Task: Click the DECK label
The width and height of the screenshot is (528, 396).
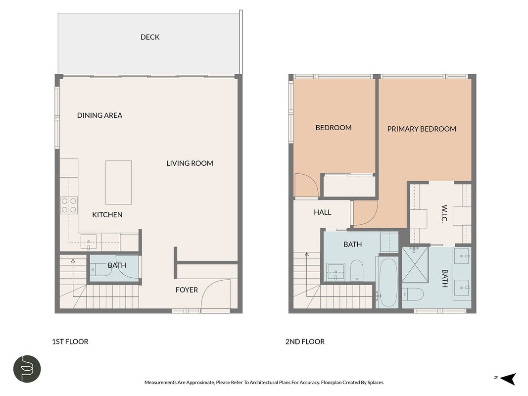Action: click(x=150, y=37)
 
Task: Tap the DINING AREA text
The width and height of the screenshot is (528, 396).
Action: click(x=99, y=115)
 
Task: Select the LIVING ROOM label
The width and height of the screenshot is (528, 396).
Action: click(x=190, y=163)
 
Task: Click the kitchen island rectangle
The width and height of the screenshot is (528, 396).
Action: click(x=119, y=183)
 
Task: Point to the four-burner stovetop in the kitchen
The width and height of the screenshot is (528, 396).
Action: click(x=69, y=205)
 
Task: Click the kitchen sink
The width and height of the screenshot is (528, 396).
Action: click(x=89, y=242)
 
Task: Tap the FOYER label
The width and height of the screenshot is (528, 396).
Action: click(x=187, y=290)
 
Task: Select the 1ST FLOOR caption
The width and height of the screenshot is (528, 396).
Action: click(x=70, y=342)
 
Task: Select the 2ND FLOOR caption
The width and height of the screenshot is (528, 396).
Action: click(x=305, y=342)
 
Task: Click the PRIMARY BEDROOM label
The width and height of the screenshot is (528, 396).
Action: click(x=422, y=129)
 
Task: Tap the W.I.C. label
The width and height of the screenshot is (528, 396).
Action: click(x=444, y=214)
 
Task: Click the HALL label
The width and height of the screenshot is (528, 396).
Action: click(x=323, y=212)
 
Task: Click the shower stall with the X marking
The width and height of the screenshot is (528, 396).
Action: click(x=415, y=265)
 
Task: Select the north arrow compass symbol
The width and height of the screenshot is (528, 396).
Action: click(x=508, y=379)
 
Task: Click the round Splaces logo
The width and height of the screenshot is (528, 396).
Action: click(x=27, y=369)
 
